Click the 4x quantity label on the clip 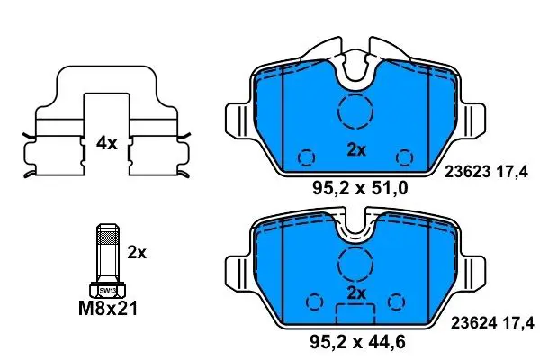(x=107, y=143)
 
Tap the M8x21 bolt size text (x=108, y=308)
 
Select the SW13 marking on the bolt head (x=107, y=291)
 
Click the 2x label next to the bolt (x=137, y=253)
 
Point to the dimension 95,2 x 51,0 (x=360, y=188)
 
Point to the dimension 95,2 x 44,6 (x=358, y=342)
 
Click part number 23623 (x=468, y=172)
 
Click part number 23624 (x=474, y=323)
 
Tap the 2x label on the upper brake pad (x=356, y=150)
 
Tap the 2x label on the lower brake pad (x=356, y=293)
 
